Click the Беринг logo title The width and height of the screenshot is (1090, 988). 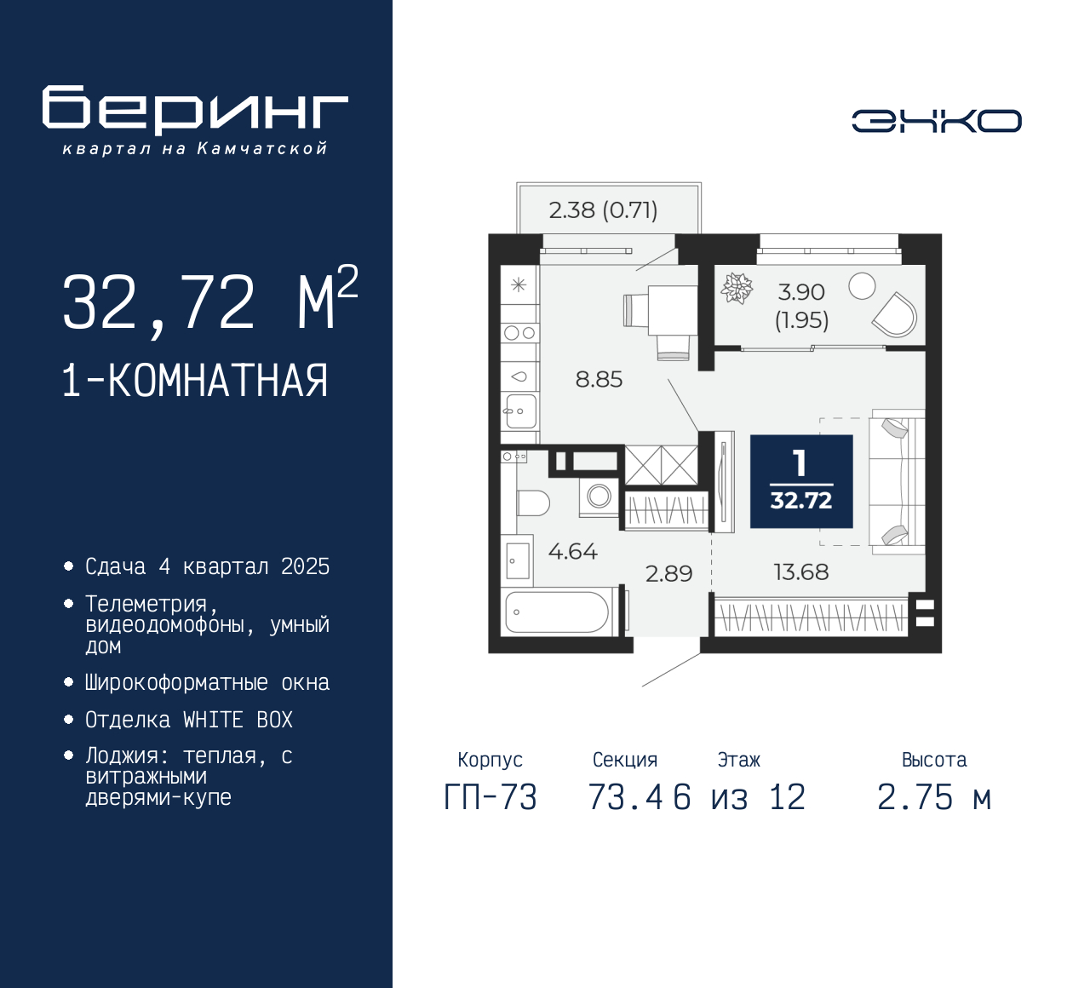pos(195,110)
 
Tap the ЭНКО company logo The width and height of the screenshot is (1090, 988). pos(936,121)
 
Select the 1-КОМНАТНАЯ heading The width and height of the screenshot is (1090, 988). pos(195,381)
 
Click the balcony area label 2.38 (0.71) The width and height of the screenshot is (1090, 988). pos(603,210)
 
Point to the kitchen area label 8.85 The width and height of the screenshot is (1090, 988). pos(599,380)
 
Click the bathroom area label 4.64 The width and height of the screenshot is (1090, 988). pos(572,552)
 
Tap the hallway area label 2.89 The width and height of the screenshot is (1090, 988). pos(668,574)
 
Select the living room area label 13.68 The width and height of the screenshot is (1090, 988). pos(800,572)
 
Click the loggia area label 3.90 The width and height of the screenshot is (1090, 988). pos(801,292)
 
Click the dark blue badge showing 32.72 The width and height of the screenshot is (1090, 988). pos(801,481)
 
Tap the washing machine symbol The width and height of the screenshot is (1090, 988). pos(599,497)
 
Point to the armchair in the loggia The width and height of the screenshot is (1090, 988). pos(896,316)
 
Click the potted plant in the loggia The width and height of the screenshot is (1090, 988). pos(737,288)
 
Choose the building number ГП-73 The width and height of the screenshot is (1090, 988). pos(490,798)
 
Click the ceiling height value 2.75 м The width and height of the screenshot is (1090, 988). pos(934,798)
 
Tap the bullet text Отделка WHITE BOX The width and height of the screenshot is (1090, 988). pos(188,721)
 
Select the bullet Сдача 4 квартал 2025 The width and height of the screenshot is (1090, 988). pos(207,567)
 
